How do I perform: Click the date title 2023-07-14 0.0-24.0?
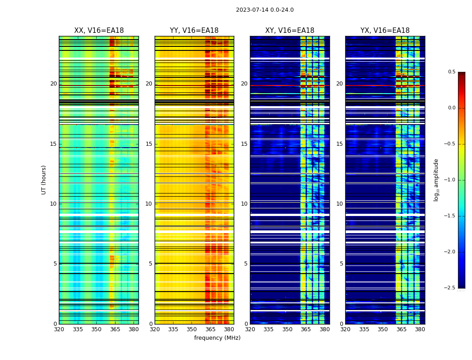[x=265, y=10]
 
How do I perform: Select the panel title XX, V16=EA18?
[x=99, y=31]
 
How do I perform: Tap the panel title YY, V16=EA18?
[x=194, y=31]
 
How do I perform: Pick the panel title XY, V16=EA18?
[x=289, y=31]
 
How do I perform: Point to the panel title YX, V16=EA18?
[x=385, y=31]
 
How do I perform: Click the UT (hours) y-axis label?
[x=44, y=180]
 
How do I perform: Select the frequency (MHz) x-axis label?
[x=217, y=338]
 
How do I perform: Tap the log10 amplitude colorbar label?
[x=436, y=180]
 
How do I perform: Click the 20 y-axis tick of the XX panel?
[x=53, y=84]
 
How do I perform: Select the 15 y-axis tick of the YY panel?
[x=149, y=144]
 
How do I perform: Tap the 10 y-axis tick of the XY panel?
[x=244, y=204]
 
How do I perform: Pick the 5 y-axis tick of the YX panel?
[x=341, y=264]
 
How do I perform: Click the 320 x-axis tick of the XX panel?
[x=59, y=329]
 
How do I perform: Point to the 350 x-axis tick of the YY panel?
[x=191, y=329]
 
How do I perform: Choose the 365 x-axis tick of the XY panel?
[x=306, y=329]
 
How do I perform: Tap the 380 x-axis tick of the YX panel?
[x=420, y=329]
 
